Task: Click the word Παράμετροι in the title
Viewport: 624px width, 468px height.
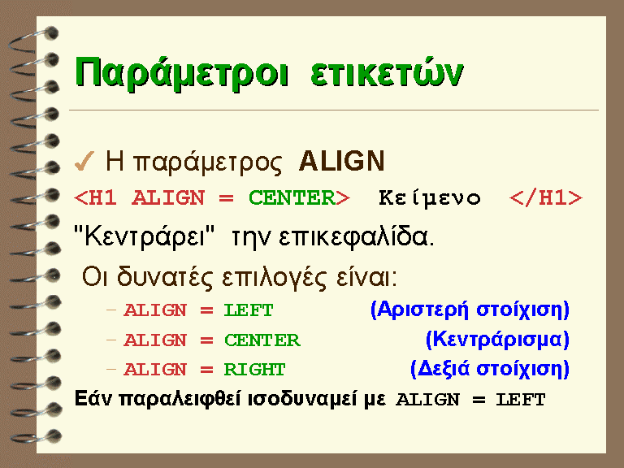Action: click(181, 74)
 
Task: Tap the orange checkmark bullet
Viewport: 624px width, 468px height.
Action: click(84, 161)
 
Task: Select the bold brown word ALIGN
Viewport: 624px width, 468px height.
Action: click(342, 161)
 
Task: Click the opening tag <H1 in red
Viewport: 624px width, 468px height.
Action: click(96, 197)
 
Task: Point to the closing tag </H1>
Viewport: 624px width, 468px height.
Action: click(546, 197)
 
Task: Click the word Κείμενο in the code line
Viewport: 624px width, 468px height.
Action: click(429, 197)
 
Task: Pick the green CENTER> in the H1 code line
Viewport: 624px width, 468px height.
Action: click(299, 197)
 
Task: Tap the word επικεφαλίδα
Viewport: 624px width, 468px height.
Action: click(357, 237)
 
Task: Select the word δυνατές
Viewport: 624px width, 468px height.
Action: click(165, 276)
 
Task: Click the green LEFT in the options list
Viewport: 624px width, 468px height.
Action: click(249, 310)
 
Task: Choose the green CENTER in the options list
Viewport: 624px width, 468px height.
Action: click(262, 340)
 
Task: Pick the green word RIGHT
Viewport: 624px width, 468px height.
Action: click(254, 370)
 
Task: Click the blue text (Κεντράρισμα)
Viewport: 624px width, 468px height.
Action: click(497, 340)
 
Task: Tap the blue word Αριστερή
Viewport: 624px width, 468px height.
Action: click(422, 310)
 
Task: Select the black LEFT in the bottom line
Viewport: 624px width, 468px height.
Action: click(521, 400)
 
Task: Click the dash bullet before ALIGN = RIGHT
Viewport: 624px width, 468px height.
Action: click(111, 370)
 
